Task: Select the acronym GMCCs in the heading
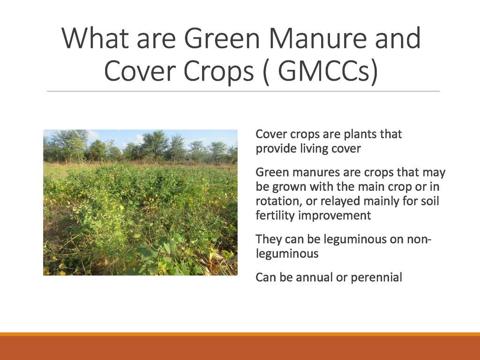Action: tap(328, 71)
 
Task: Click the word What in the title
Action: tap(95, 38)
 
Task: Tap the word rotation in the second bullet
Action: tap(274, 202)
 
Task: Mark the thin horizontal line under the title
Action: tap(243, 91)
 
